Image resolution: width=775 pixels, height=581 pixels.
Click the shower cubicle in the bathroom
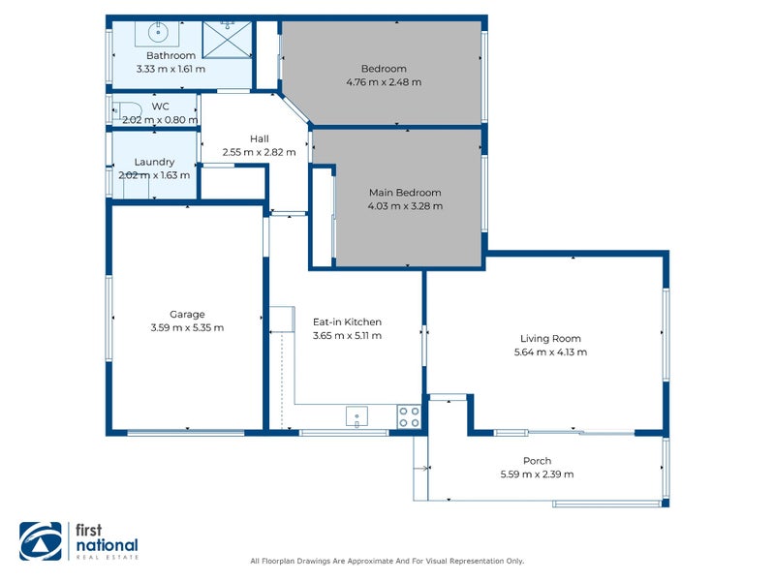(227, 37)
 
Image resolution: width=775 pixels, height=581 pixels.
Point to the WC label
(160, 107)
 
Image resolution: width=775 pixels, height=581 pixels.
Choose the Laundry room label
(154, 162)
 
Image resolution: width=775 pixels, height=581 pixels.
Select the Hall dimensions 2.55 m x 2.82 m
(259, 152)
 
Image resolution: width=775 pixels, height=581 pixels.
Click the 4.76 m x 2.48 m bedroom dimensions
(384, 82)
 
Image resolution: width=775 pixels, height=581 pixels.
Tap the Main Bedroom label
(405, 193)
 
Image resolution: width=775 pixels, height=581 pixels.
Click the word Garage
(187, 314)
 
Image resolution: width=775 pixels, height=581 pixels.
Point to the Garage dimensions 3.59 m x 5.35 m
(187, 327)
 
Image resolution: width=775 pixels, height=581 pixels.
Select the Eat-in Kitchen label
(347, 322)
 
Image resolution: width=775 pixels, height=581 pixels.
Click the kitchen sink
(356, 416)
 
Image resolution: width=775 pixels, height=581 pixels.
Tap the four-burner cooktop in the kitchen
(409, 416)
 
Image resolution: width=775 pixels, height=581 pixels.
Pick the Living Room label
(550, 339)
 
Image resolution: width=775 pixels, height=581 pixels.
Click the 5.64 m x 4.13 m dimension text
(550, 352)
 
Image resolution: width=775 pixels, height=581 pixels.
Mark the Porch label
(537, 461)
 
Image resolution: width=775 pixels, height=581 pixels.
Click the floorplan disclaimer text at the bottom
(387, 561)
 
